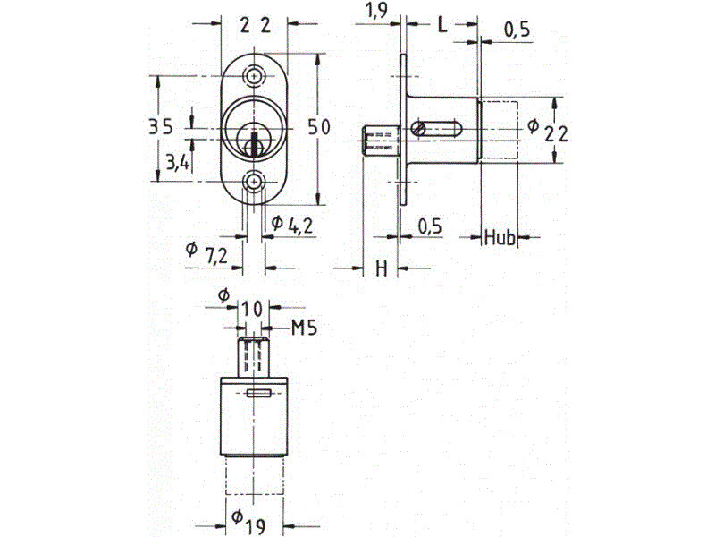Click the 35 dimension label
162,126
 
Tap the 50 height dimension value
319,126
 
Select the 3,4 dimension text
178,162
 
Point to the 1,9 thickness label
376,11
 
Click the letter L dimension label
442,25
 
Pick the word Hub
500,238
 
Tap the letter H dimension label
382,268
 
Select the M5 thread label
304,328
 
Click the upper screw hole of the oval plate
254,76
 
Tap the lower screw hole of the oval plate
254,182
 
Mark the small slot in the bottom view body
258,393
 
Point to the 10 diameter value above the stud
252,309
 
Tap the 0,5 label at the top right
517,30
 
